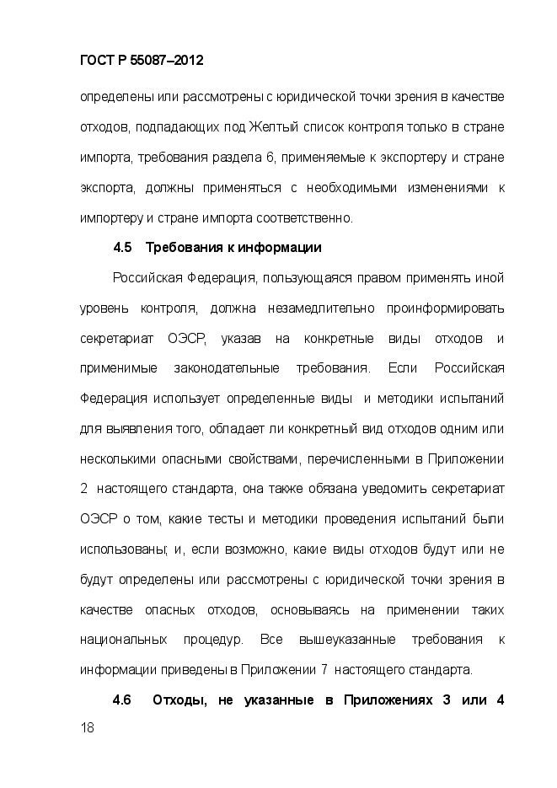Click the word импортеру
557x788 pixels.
[111, 217]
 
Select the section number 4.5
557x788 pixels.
[123, 248]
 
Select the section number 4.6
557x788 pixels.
[123, 700]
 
